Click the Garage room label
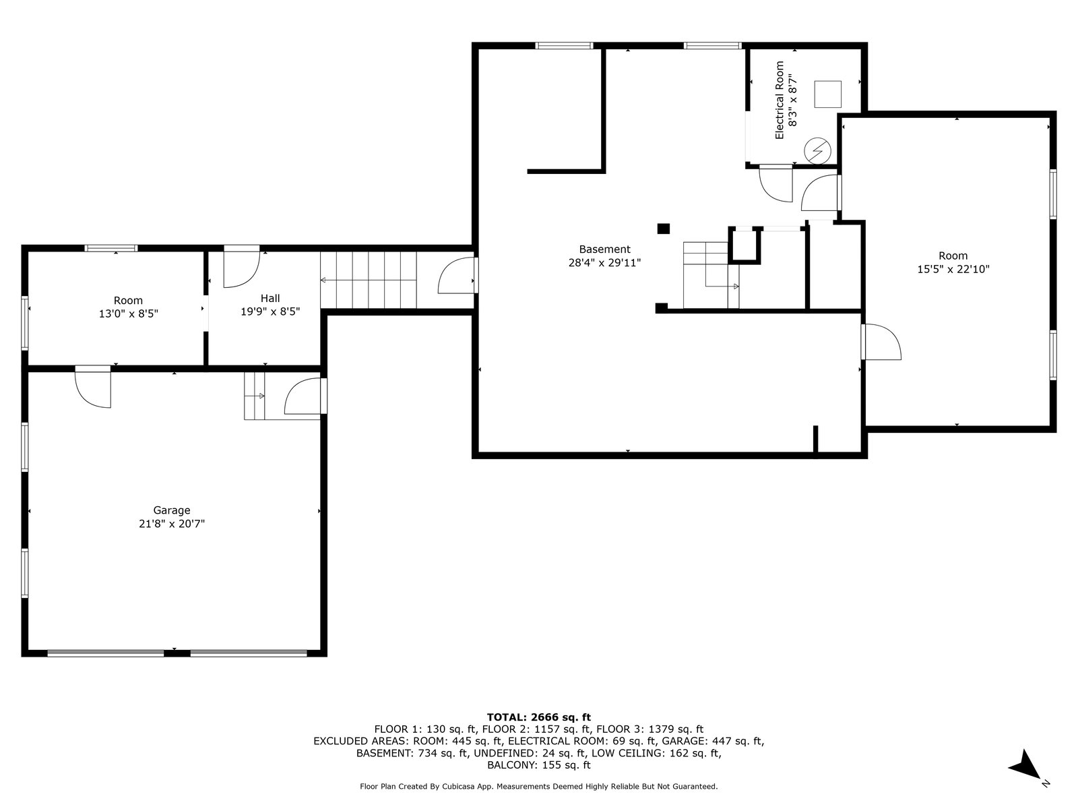[171, 510]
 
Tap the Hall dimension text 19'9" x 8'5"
[270, 311]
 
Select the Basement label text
[604, 249]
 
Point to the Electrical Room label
[780, 100]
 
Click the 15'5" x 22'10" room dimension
[953, 269]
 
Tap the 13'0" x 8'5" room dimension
[129, 313]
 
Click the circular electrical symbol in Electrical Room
[817, 150]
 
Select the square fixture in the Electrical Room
[827, 94]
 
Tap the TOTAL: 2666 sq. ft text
[539, 717]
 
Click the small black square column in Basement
[663, 229]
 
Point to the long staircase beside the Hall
[369, 280]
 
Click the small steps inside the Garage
[255, 396]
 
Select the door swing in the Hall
[242, 270]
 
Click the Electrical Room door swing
[776, 185]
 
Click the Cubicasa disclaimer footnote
[539, 786]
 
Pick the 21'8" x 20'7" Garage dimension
[171, 524]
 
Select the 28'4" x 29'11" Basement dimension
[604, 263]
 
